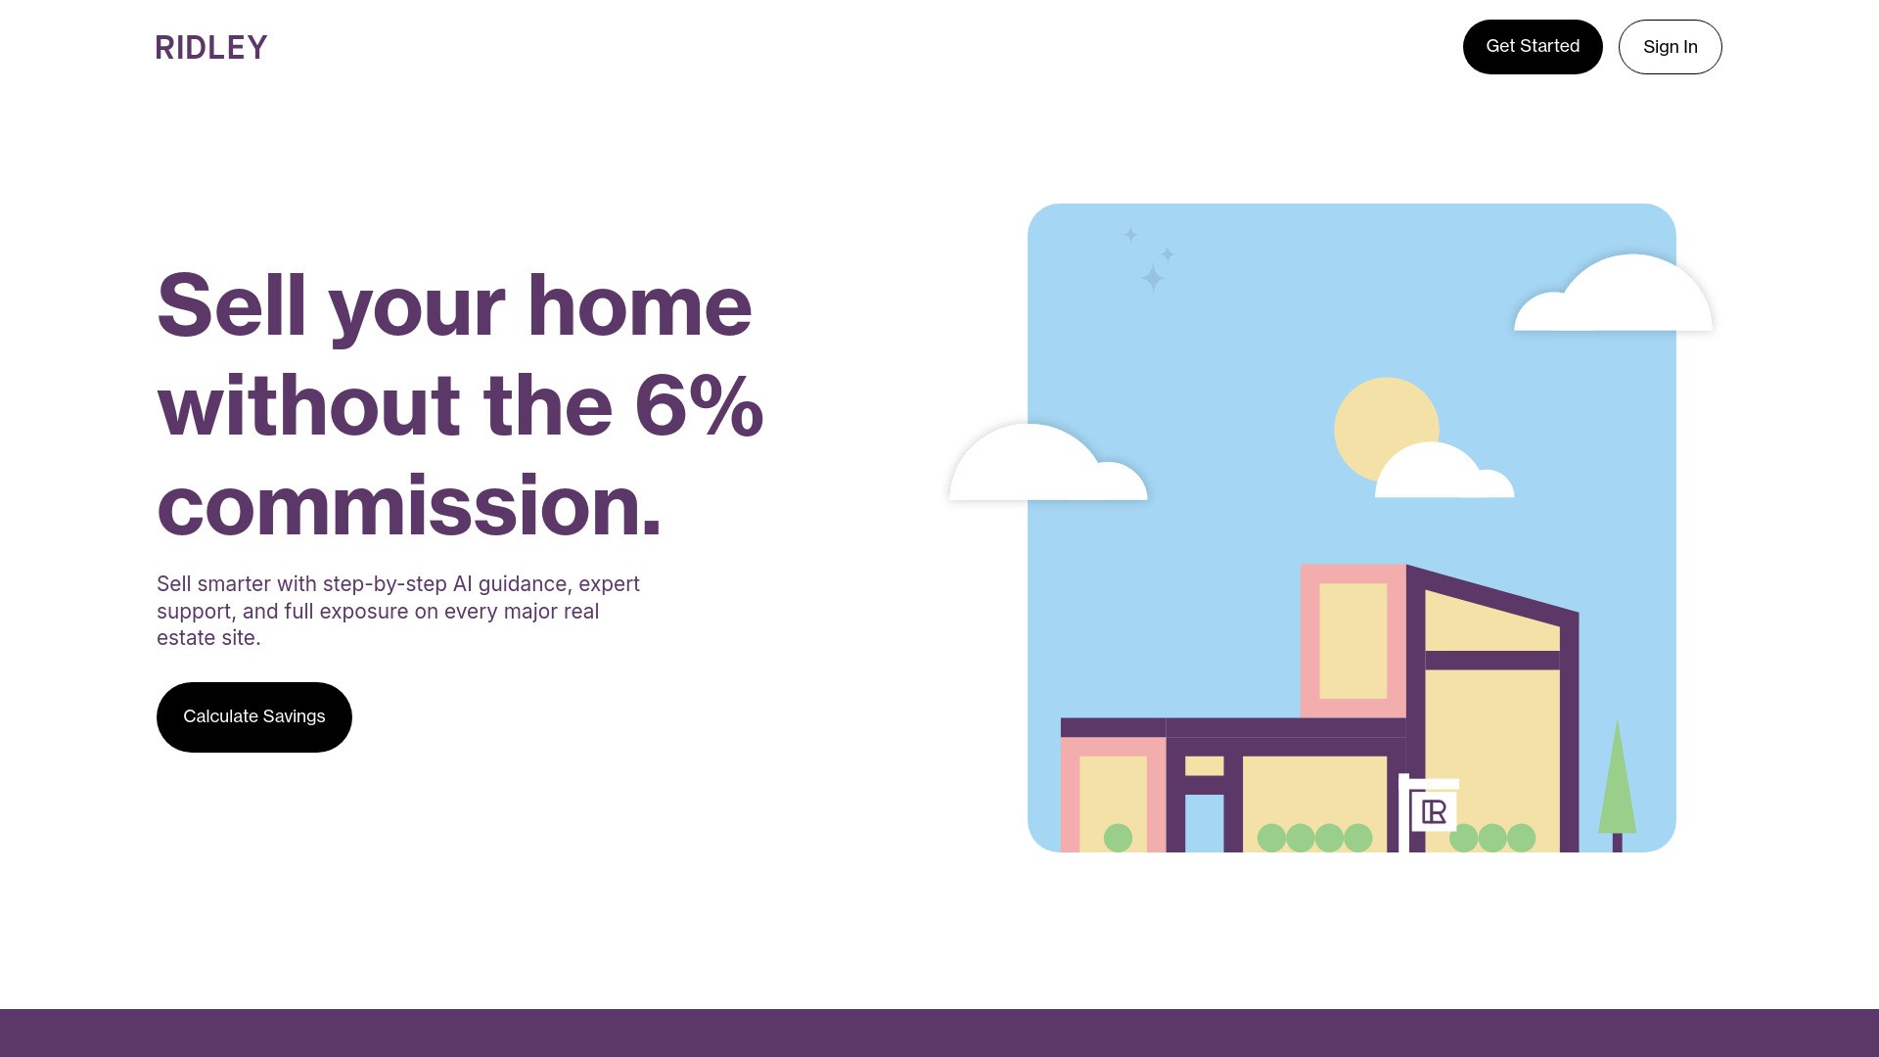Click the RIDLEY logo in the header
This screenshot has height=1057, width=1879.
click(211, 47)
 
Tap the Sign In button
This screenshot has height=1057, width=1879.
click(1670, 47)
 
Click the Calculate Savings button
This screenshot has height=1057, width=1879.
click(254, 717)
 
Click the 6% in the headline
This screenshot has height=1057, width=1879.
click(699, 404)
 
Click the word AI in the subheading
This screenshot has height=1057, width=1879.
click(462, 584)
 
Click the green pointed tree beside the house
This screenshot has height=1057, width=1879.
click(1617, 783)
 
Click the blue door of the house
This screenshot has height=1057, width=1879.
click(1204, 823)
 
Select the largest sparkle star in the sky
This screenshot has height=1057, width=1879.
click(1153, 278)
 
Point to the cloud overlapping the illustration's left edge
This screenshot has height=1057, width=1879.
click(1047, 464)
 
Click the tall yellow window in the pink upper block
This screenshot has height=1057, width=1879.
click(1352, 641)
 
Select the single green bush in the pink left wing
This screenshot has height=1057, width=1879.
click(1118, 838)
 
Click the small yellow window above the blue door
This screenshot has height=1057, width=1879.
click(1204, 766)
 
